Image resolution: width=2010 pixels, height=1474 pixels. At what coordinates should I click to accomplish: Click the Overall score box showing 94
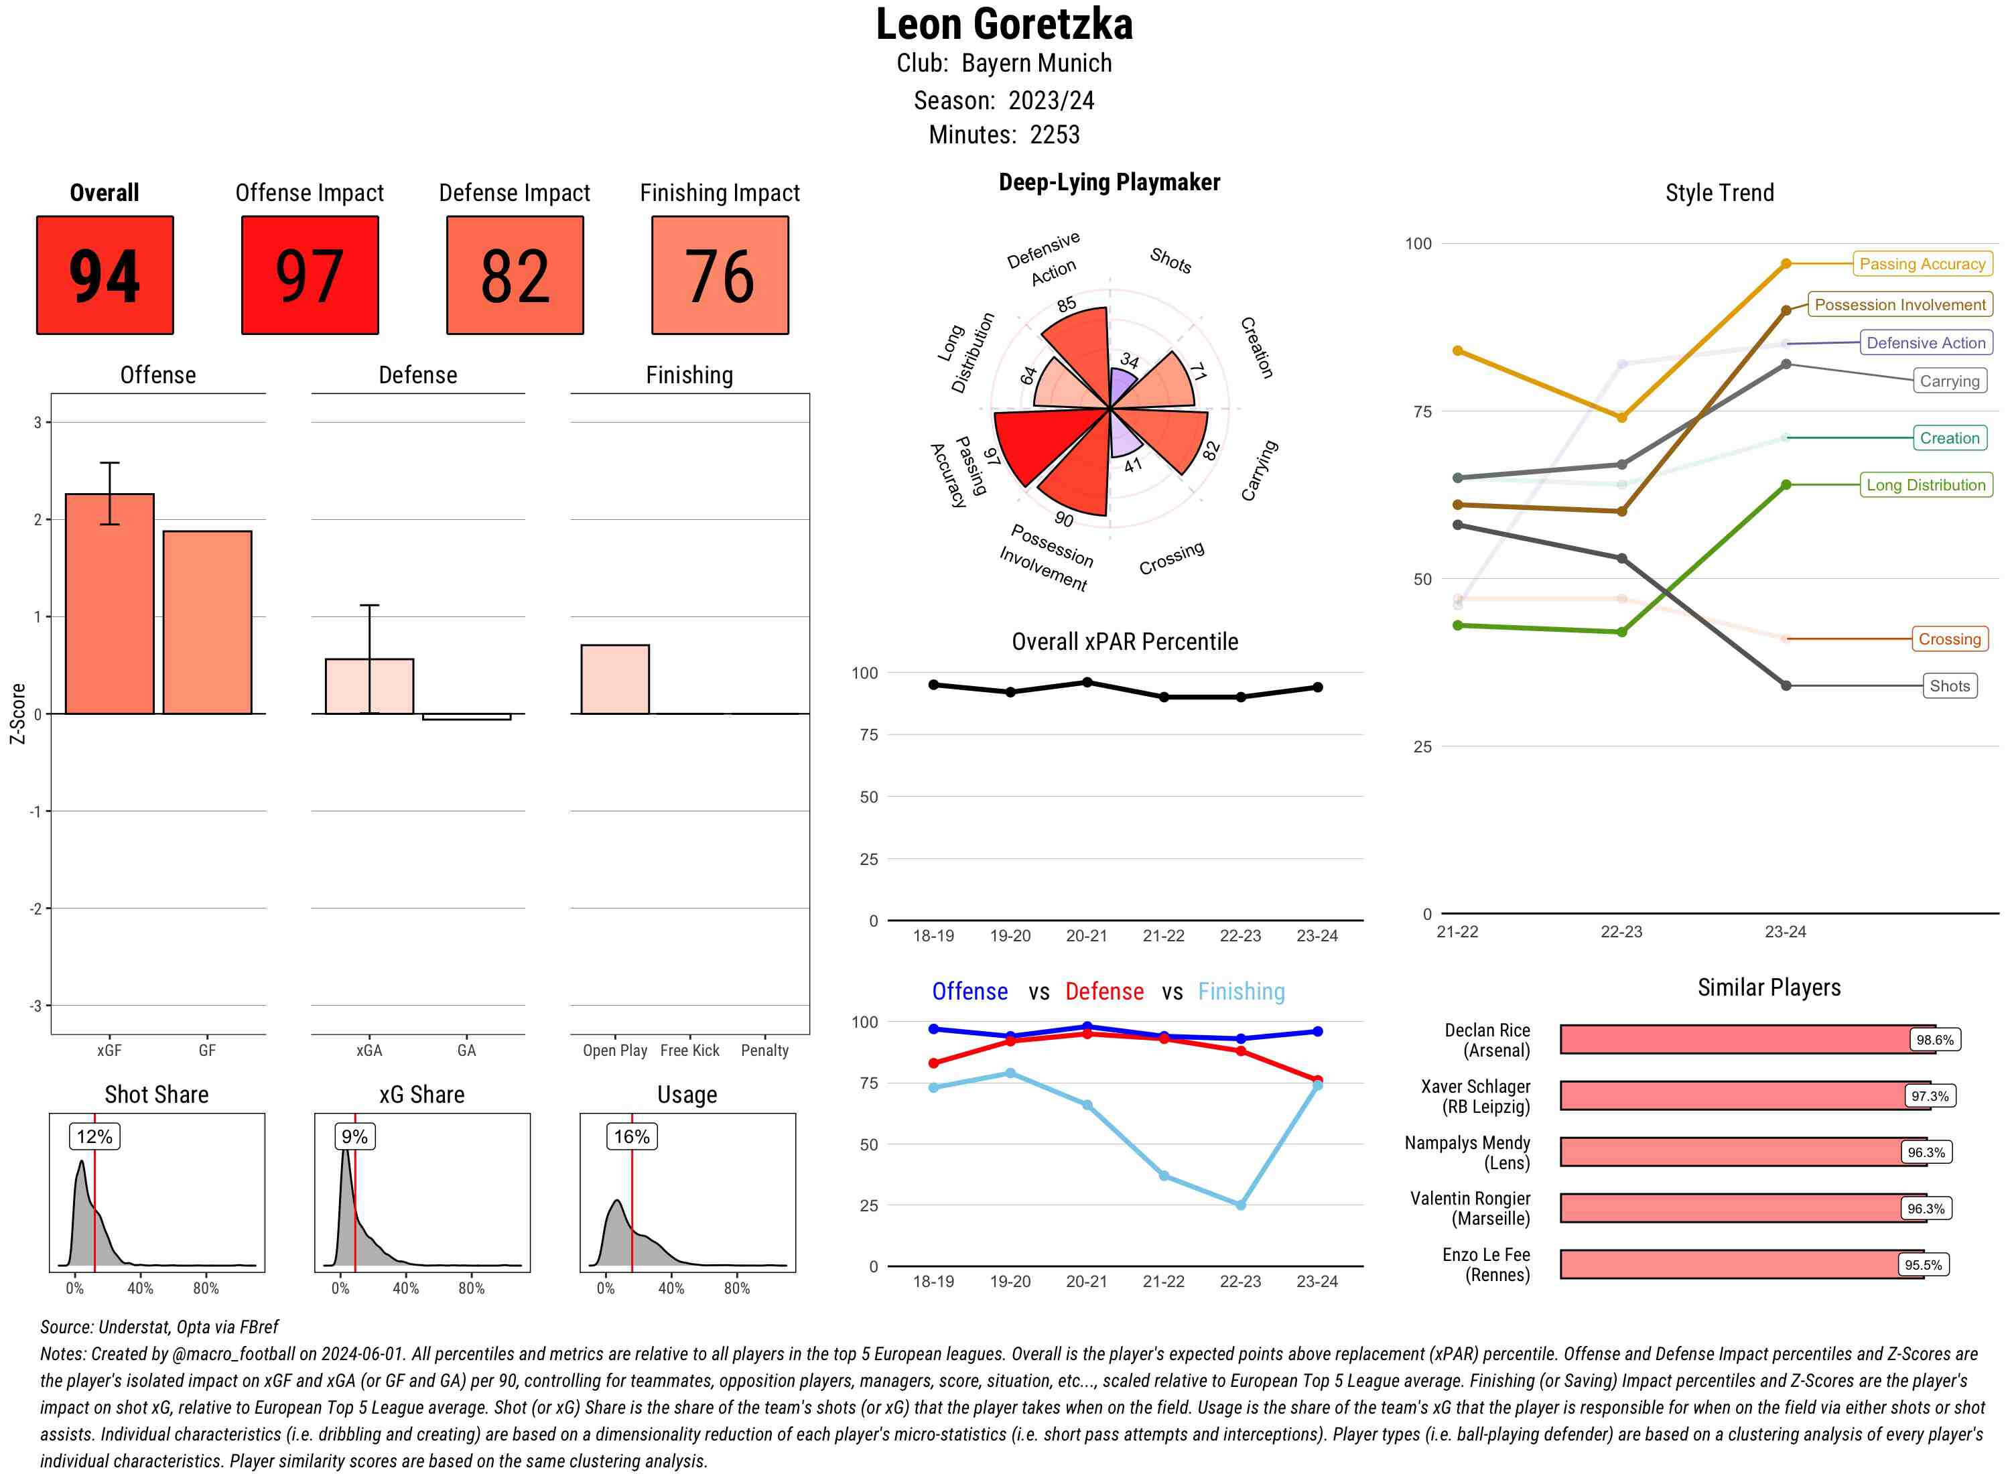pos(105,275)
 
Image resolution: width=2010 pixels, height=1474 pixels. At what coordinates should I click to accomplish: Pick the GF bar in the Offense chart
pos(207,623)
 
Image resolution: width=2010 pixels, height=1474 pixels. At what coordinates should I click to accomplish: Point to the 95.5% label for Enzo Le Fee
pos(1923,1264)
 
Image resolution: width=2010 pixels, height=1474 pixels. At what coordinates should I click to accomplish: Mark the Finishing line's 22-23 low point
pos(1240,1205)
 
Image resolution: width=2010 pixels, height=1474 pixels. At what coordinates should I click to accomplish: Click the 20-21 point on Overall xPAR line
pos(1087,683)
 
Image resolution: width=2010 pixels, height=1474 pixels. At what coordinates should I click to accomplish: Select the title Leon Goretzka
pos(1004,25)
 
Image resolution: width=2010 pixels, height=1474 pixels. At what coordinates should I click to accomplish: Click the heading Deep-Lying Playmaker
pos(1109,182)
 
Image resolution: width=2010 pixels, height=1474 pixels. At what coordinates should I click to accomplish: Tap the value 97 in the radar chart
pos(991,457)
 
